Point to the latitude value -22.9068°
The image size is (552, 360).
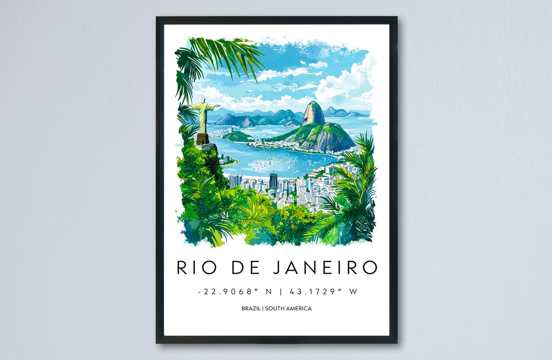click(224, 291)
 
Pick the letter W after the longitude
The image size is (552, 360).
click(352, 291)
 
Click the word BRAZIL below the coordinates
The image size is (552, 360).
click(250, 308)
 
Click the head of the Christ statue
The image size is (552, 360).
click(203, 101)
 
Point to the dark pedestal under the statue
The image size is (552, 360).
click(202, 138)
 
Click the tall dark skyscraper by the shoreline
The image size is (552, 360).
click(273, 180)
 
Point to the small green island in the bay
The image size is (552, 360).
click(237, 136)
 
